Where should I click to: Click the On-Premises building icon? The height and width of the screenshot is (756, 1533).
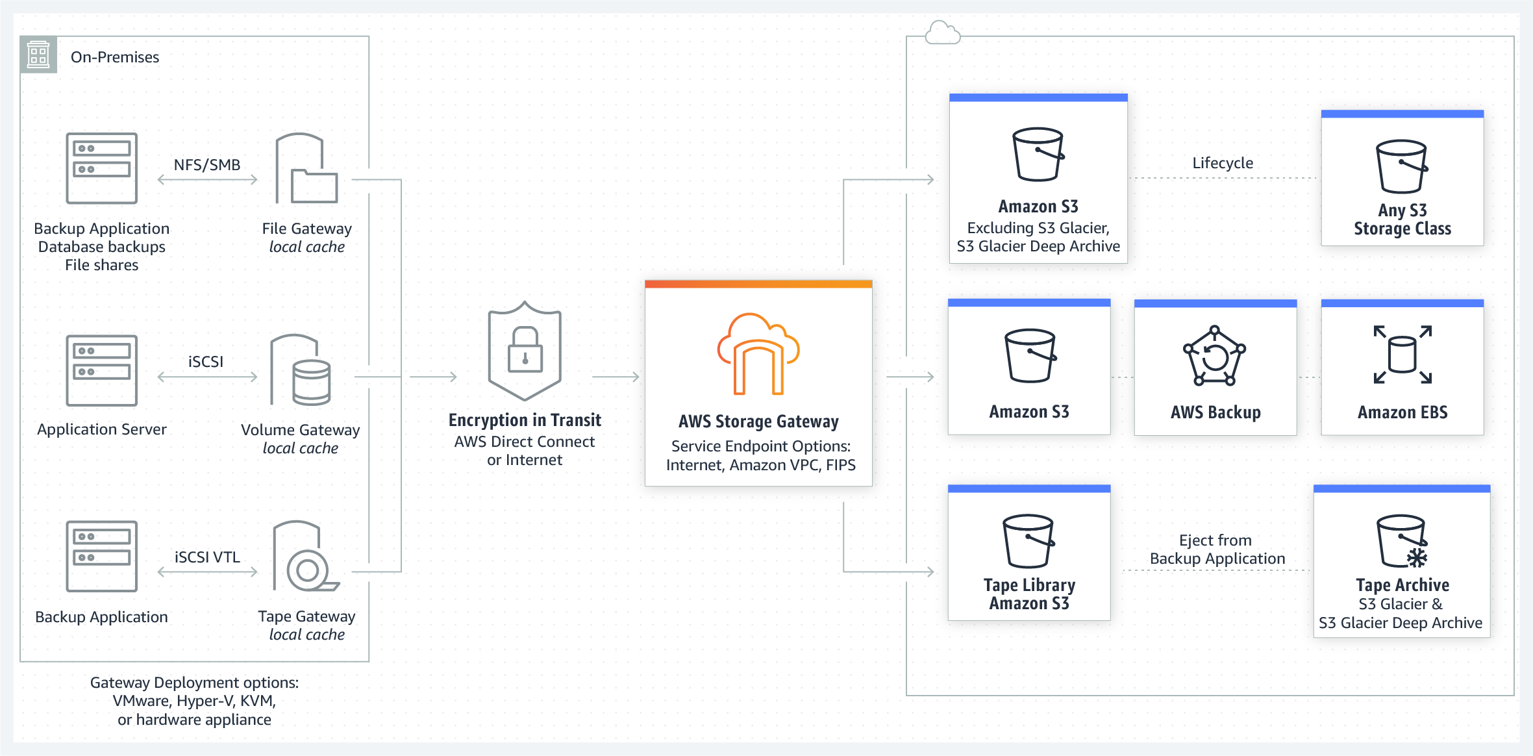38,55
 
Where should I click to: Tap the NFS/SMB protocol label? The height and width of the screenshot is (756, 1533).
207,165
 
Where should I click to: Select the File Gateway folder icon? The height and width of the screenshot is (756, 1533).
307,169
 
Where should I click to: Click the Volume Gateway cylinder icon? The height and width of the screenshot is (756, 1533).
301,370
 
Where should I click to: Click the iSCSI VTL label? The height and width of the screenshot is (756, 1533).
207,557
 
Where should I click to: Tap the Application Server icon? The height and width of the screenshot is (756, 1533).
102,370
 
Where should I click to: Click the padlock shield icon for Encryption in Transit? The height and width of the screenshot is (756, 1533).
525,351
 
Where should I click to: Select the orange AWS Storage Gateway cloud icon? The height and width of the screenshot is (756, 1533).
758,354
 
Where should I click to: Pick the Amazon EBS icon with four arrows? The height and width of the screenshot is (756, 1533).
1402,355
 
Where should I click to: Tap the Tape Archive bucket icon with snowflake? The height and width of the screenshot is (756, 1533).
1402,542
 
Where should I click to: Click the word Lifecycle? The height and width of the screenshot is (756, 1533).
1223,163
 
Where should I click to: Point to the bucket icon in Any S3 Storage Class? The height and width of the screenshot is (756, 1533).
1402,166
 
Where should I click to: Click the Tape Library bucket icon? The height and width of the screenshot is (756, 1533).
1028,541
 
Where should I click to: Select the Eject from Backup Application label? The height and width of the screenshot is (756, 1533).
1217,549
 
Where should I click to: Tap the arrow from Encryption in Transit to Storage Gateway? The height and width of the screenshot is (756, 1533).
616,377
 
